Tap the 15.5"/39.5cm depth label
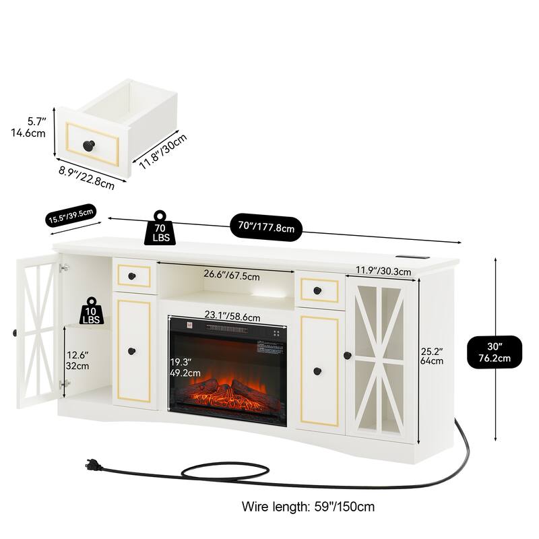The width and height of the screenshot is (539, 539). [71, 216]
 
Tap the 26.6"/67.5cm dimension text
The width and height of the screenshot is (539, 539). [226, 274]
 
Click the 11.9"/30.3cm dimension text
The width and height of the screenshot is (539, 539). [383, 271]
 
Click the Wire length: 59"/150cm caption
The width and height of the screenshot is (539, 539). [308, 506]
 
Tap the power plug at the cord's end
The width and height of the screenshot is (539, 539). [92, 464]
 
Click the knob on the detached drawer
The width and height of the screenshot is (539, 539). [88, 145]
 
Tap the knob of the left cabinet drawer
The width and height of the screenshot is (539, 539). [132, 276]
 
